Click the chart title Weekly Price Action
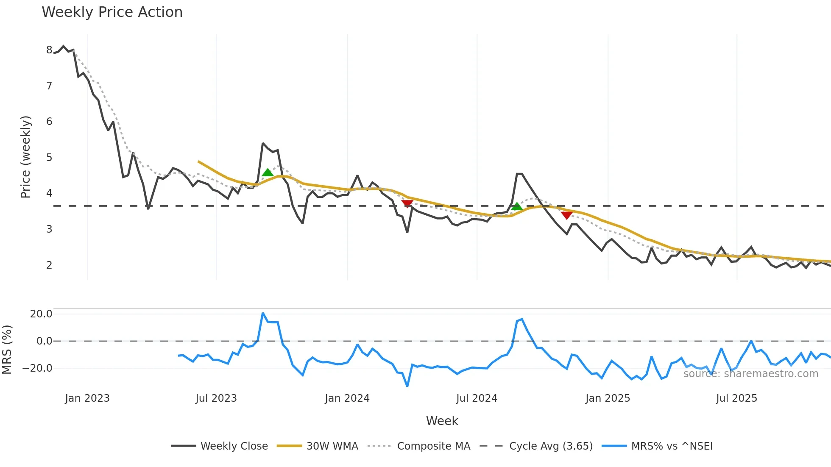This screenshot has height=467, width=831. tap(112, 12)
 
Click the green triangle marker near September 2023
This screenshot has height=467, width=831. tap(268, 172)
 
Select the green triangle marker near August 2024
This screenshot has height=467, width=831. tap(517, 207)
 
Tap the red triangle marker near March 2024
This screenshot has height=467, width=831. tap(407, 204)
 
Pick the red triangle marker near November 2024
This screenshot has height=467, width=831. tap(567, 215)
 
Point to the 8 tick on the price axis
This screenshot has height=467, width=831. tap(49, 50)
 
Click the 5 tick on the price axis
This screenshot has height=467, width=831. tap(49, 158)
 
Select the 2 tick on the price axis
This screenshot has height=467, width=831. tap(49, 265)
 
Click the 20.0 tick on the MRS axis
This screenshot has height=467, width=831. tap(41, 314)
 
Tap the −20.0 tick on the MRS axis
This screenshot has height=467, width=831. tap(38, 368)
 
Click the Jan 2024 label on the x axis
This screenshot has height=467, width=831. tap(347, 398)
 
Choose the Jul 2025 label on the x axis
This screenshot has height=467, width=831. tap(736, 398)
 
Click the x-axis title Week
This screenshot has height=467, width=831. tap(442, 421)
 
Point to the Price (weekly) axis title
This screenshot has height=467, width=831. tap(25, 157)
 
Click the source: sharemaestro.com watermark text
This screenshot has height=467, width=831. tap(750, 374)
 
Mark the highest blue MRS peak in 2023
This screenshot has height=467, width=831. tap(263, 313)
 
